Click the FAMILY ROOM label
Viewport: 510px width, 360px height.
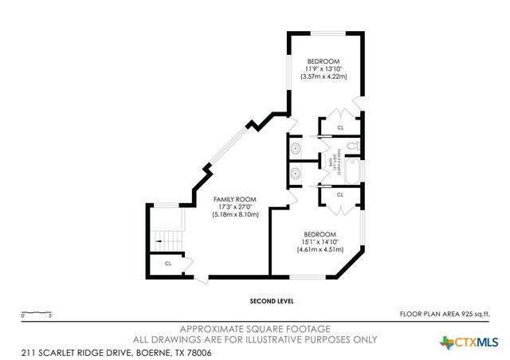[235, 199]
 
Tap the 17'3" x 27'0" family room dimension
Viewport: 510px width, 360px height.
[235, 207]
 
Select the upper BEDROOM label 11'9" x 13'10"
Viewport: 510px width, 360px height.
[324, 61]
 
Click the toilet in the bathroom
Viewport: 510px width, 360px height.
[355, 146]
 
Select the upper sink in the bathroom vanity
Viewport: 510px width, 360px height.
[296, 147]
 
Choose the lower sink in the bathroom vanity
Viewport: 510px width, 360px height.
[296, 171]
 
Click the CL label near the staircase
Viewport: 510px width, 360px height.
[168, 264]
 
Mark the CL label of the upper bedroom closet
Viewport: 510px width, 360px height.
[340, 127]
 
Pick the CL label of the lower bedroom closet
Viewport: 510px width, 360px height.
[340, 194]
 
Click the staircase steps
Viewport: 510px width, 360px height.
[163, 237]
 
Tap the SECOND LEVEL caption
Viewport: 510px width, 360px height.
[272, 302]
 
